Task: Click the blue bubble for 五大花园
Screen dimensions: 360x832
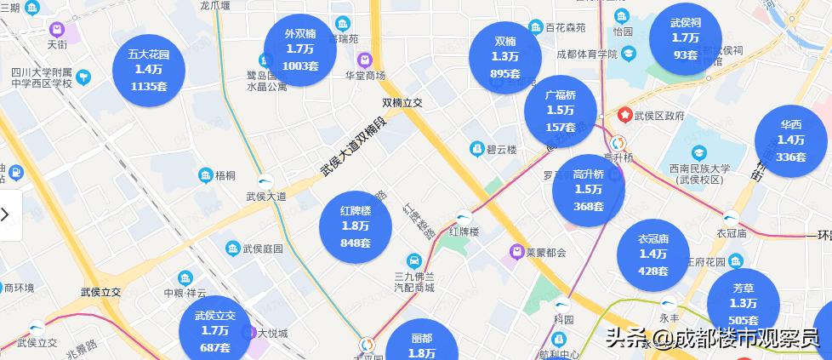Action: pos(148,69)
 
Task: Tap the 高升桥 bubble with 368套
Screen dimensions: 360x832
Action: pos(588,190)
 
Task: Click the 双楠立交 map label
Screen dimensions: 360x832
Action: pos(402,102)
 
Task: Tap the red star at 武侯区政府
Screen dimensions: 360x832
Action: pos(625,114)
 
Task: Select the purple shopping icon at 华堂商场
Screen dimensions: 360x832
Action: pos(364,60)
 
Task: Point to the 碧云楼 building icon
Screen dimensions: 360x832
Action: pos(476,149)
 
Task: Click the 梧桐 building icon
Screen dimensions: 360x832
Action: pos(205,175)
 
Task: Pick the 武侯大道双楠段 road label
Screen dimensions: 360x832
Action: pos(352,147)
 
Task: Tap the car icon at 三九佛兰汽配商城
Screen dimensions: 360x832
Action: pos(413,260)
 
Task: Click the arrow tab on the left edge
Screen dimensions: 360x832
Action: pos(7,214)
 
